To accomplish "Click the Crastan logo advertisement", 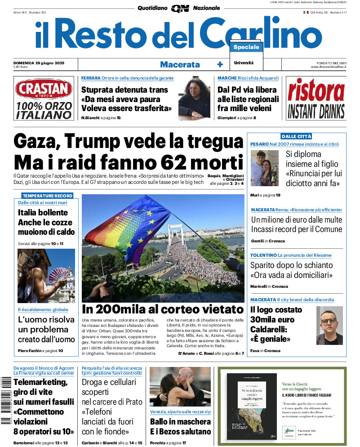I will tap(44, 99).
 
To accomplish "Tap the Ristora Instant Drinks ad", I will tap(316, 99).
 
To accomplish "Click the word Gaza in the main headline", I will tap(36, 142).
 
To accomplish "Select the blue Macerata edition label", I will tap(180, 64).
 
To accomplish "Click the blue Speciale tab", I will tap(246, 47).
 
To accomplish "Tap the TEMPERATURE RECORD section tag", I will tap(47, 196).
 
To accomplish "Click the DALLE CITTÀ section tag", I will tap(296, 136).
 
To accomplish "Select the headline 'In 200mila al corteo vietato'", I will tap(163, 309).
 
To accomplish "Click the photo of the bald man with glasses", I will tap(329, 325).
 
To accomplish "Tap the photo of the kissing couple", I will tap(180, 387).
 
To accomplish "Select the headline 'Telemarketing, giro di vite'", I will tap(41, 387).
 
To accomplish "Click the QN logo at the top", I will tap(180, 8).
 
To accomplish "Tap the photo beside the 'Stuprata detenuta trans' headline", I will tap(194, 98).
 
